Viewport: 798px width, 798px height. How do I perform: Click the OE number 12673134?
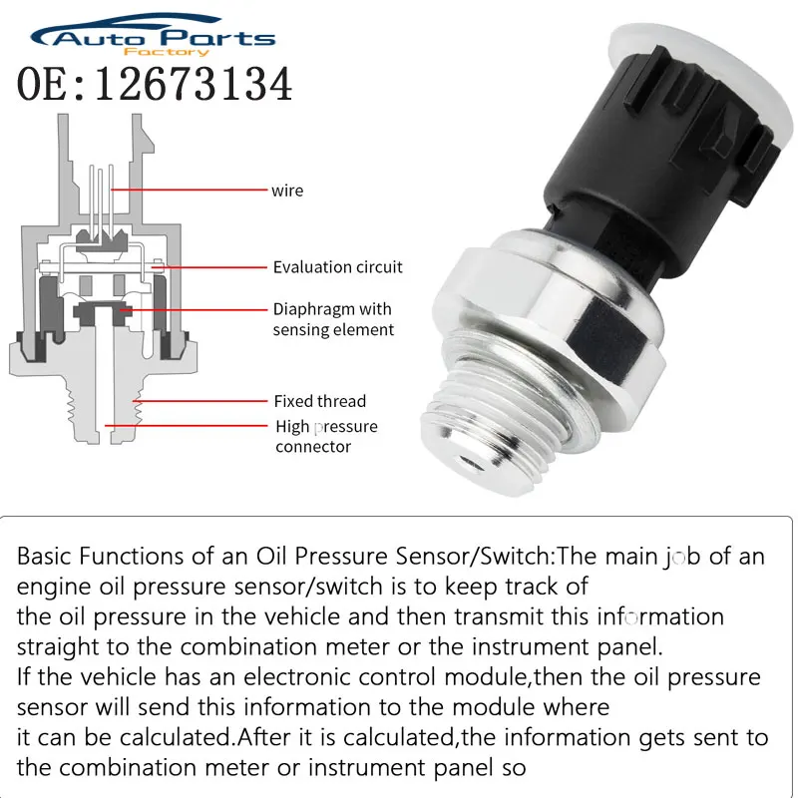[x=155, y=85]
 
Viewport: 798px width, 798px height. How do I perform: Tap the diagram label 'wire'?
[x=287, y=190]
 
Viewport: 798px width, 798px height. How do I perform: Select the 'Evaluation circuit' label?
[x=338, y=267]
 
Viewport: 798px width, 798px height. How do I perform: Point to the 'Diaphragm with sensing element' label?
[x=333, y=319]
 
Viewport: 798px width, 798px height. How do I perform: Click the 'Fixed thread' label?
[x=320, y=401]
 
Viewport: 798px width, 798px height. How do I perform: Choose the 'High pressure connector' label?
[x=326, y=437]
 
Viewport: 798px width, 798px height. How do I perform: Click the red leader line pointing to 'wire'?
[x=190, y=190]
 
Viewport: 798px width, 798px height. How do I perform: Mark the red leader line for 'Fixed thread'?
[x=199, y=401]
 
